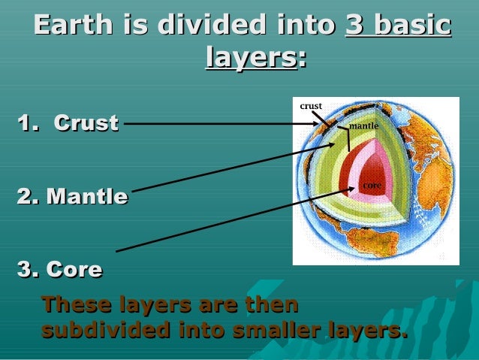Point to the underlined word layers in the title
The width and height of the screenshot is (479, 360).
pos(251,57)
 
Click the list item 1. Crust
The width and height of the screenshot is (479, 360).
pos(68,123)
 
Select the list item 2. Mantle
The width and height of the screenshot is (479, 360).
pos(72,197)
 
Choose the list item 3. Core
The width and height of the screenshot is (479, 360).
pos(59,268)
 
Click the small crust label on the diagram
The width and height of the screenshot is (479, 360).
pos(311,106)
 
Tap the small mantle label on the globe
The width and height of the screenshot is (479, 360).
pos(363,126)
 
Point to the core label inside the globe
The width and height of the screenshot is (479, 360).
pos(372,185)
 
